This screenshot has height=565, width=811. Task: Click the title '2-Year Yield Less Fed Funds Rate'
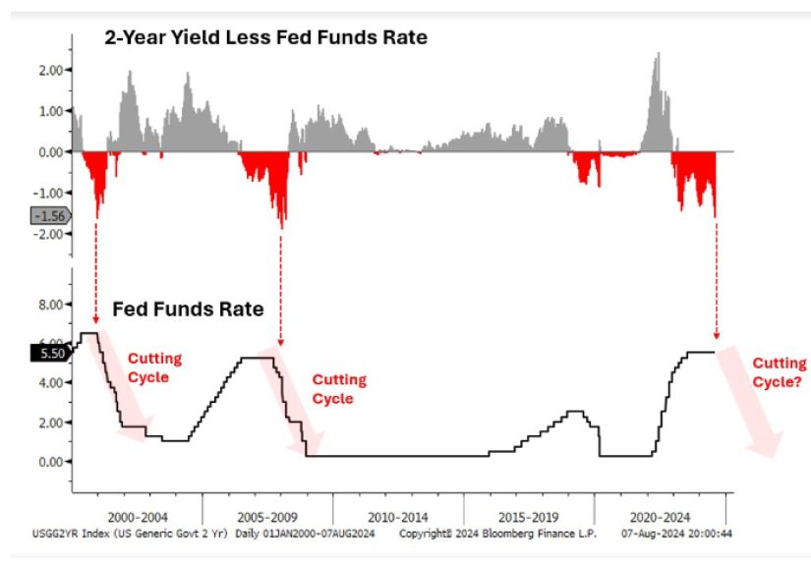tap(265, 37)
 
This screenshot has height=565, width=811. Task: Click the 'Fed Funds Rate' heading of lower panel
tap(189, 310)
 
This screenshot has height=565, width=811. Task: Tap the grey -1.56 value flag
tap(51, 216)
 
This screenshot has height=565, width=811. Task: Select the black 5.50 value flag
tap(51, 353)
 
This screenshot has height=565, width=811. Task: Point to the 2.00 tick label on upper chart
tap(51, 70)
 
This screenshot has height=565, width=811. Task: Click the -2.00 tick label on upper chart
tap(48, 234)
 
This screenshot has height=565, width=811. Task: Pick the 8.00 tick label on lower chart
tap(51, 305)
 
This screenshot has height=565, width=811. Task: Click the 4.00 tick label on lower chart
tap(51, 383)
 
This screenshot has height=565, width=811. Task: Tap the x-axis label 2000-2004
tap(138, 517)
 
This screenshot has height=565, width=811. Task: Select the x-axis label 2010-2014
tap(398, 517)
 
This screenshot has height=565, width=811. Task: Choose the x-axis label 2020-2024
tap(660, 517)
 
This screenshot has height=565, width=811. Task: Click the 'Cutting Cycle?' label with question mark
tap(779, 372)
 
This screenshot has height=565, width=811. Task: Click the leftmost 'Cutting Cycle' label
tap(154, 367)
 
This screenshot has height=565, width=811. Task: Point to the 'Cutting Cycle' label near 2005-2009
tap(339, 389)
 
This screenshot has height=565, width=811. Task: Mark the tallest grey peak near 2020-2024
tap(659, 53)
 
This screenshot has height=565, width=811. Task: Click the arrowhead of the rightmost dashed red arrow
tap(717, 336)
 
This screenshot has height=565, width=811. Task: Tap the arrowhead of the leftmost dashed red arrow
tap(95, 320)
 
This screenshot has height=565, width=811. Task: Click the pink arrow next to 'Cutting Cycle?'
tap(749, 402)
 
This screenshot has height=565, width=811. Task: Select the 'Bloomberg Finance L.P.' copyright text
tap(539, 533)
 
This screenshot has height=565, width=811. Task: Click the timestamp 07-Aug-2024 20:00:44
tap(676, 533)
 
